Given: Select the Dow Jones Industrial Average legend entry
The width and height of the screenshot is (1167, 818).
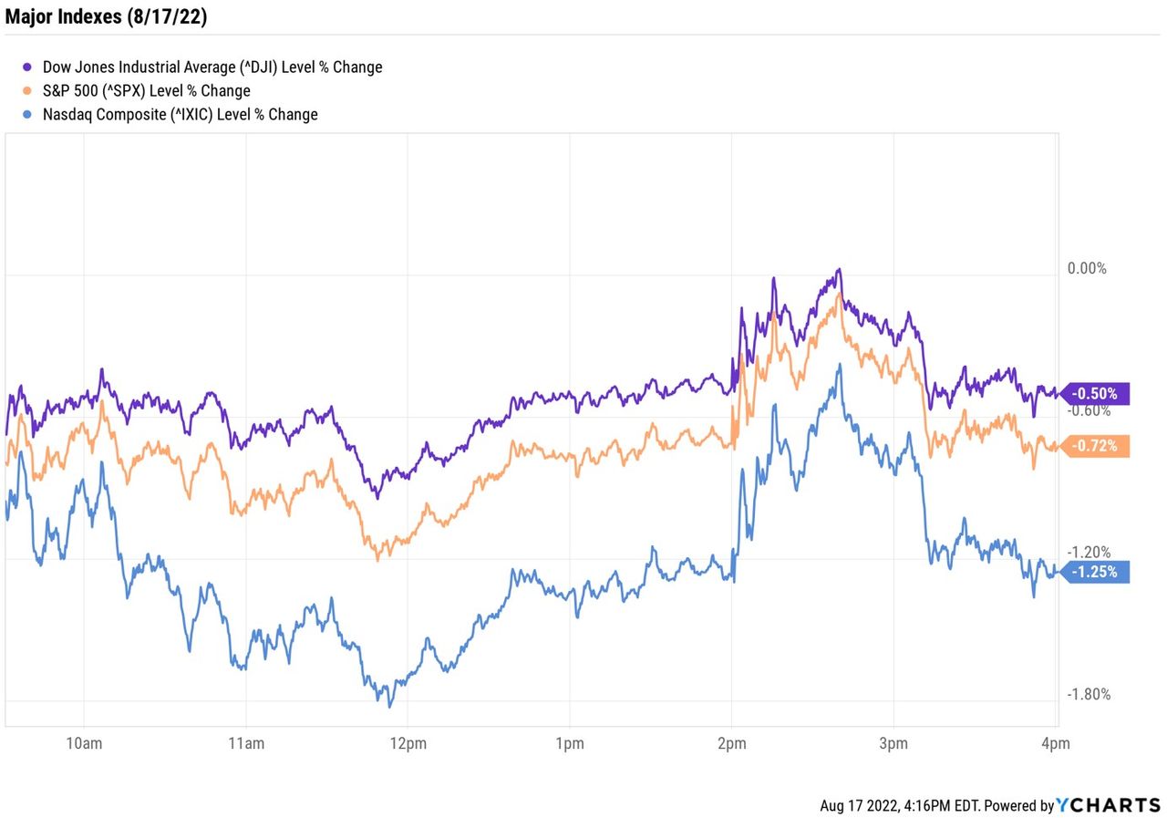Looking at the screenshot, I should (212, 67).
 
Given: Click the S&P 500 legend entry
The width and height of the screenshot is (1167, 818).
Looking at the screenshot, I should (146, 90).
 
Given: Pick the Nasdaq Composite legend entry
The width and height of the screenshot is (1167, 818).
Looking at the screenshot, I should (180, 114).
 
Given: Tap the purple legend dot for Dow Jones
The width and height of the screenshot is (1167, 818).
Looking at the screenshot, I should (27, 67).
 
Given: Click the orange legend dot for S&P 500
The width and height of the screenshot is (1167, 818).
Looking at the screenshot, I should (27, 90).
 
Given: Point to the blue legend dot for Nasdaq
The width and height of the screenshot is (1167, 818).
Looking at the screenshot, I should (27, 114).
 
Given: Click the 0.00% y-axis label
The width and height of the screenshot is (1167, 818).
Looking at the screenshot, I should (1087, 268).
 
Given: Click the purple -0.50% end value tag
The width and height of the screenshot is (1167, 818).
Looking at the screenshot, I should (1097, 394).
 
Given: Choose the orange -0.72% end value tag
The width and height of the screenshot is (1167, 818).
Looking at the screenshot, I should (1097, 447).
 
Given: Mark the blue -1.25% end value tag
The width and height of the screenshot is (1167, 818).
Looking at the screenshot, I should (1097, 572).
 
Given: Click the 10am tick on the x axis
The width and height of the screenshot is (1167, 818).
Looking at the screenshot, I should (83, 743).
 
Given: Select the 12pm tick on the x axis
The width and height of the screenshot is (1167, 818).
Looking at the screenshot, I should (407, 743).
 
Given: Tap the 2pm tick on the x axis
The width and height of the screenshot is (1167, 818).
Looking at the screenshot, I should (731, 743).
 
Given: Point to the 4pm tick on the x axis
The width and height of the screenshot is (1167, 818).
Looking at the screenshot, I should (1056, 743).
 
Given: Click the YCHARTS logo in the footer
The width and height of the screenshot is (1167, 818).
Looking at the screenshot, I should (1109, 805).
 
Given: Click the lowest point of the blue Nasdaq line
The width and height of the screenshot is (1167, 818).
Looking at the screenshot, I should (390, 706).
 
